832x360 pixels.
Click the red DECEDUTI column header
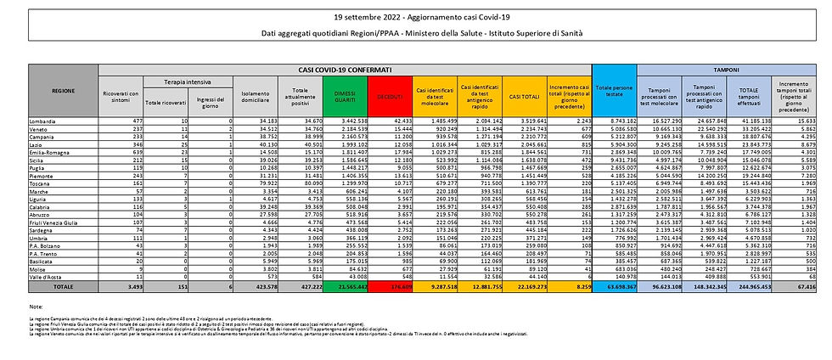coord(389,94)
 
